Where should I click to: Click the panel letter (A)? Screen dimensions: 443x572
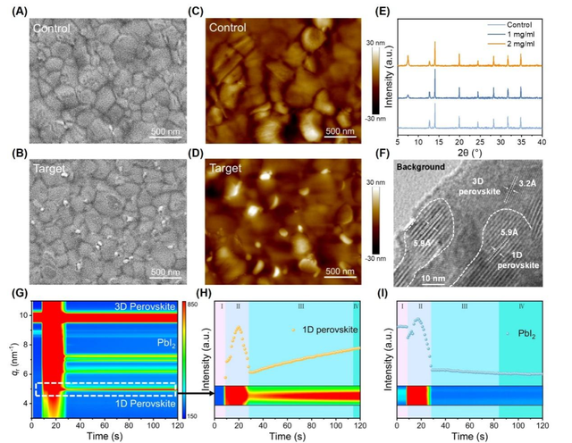tap(14, 11)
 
